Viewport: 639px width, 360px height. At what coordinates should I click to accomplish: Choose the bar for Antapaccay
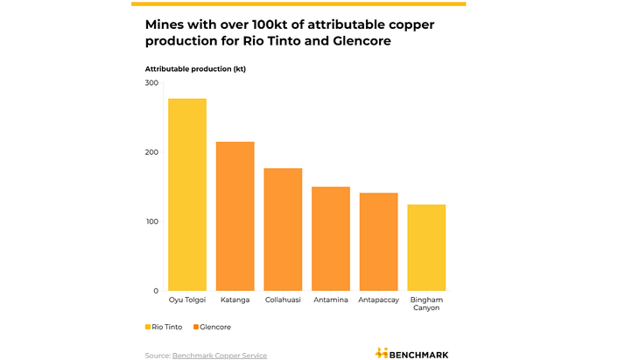click(x=378, y=242)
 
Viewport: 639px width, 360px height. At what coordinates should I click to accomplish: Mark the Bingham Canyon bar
click(x=426, y=248)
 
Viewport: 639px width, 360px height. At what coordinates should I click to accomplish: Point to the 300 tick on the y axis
click(x=151, y=83)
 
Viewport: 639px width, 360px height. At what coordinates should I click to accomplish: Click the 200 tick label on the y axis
click(x=151, y=152)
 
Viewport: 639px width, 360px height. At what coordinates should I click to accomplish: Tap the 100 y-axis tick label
click(x=151, y=222)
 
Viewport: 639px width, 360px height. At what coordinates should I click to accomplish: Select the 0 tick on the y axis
click(x=156, y=291)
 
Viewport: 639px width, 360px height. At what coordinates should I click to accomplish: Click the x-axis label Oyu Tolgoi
click(x=187, y=300)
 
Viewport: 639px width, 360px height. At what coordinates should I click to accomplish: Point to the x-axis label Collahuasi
click(x=283, y=300)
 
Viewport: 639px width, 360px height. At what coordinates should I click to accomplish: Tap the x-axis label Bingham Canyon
click(x=426, y=304)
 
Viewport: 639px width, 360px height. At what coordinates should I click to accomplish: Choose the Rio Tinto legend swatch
click(x=148, y=327)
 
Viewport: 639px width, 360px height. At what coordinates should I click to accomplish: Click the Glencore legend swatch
click(x=196, y=327)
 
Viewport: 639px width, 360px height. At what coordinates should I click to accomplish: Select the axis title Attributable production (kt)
click(x=195, y=68)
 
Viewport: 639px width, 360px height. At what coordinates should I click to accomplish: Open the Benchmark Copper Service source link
click(x=219, y=355)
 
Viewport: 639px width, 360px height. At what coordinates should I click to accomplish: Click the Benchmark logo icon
click(x=382, y=353)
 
